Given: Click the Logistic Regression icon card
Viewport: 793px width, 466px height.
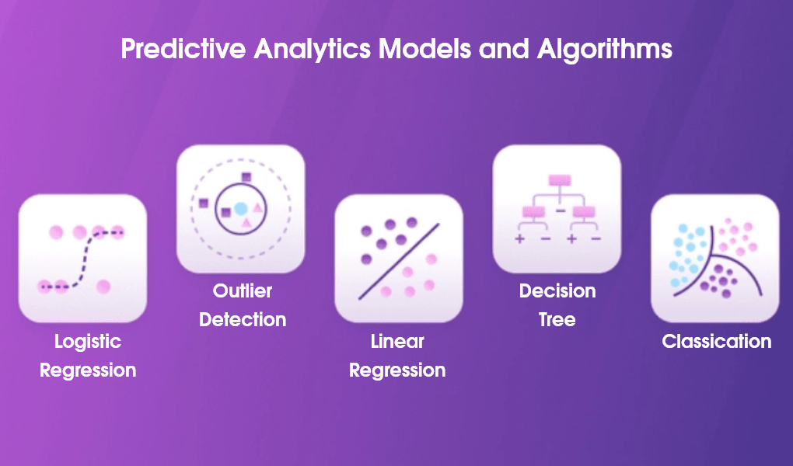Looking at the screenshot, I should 82,258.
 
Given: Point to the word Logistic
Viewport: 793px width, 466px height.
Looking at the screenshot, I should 88,342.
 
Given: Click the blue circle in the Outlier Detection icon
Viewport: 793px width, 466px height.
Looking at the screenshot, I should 241,208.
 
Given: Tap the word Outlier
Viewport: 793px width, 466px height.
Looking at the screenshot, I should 243,292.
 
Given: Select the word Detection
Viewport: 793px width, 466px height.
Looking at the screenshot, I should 243,320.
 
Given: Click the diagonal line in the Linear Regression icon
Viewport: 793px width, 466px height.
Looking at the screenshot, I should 399,261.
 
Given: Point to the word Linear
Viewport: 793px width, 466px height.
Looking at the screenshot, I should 397,342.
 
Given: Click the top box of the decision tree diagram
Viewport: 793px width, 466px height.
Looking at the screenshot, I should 559,180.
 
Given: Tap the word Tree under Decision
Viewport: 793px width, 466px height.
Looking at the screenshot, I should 557,320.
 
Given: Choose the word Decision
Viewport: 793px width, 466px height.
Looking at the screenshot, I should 557,292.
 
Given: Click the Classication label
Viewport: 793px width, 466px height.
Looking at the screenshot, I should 716,342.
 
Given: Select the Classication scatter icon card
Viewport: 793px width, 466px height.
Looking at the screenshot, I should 714,258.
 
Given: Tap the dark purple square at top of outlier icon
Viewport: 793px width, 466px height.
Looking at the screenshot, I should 246,177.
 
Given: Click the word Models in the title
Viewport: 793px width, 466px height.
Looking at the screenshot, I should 424,50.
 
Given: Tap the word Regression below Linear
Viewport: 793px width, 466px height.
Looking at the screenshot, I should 397,370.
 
